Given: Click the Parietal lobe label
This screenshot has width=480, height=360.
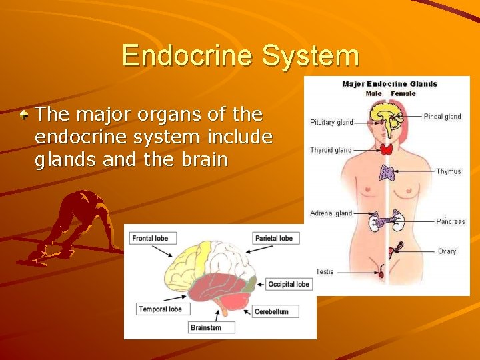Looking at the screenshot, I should coord(274,238).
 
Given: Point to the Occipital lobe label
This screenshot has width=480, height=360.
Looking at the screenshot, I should coord(289,284).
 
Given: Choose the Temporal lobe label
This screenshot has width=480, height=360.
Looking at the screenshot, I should coord(160,309).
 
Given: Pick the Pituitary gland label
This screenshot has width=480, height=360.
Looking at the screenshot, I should coord(331,123).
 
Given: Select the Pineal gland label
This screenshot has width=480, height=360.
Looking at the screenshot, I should coord(442,117).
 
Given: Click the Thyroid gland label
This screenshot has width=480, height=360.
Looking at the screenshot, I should coord(331,150).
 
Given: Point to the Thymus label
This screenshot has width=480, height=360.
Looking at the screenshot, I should coord(448,171).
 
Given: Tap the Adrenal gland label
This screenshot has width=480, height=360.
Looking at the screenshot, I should coord(331,213).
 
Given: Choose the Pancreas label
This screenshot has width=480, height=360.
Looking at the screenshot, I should coord(451,221).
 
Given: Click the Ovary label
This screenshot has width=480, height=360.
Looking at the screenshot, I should coord(447,251).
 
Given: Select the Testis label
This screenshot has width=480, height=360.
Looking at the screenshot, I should coord(325,271).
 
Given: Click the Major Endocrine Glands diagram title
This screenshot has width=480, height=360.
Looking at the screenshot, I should coord(389,84).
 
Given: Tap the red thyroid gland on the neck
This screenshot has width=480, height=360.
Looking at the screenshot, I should coord(387,150).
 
